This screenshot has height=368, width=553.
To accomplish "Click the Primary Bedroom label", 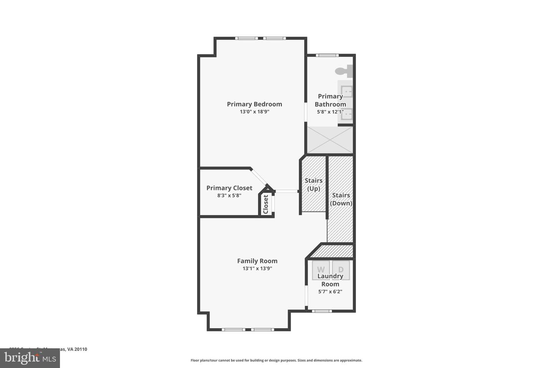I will [254, 104].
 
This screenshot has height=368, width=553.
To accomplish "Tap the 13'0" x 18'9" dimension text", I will [254, 112].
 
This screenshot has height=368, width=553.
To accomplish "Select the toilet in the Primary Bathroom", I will [344, 71].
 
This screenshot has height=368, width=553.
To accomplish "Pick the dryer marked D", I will [341, 269].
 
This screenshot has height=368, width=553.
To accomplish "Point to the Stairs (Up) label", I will [313, 184].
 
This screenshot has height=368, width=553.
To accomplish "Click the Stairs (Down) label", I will [341, 199].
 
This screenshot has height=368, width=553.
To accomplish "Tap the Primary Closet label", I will [229, 188].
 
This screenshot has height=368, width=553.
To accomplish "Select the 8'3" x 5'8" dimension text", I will [229, 195].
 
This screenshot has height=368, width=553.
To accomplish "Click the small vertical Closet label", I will [265, 204].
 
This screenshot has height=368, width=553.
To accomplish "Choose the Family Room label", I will [257, 261].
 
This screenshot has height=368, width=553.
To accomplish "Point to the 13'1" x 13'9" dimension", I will [257, 269].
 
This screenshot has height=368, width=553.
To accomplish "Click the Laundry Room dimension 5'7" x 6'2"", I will [330, 292].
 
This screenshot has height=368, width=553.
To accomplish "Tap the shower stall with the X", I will [329, 140].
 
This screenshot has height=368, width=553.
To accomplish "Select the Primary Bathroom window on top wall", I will [327, 55].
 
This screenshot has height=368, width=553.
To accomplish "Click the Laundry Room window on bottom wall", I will [322, 311].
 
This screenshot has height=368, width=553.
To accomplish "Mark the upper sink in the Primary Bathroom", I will [347, 92].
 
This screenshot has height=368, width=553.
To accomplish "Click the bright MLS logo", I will [30, 358].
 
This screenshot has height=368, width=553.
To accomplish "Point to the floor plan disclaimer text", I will [276, 360].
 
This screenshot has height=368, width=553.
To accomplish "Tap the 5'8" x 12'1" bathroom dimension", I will [330, 112].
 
